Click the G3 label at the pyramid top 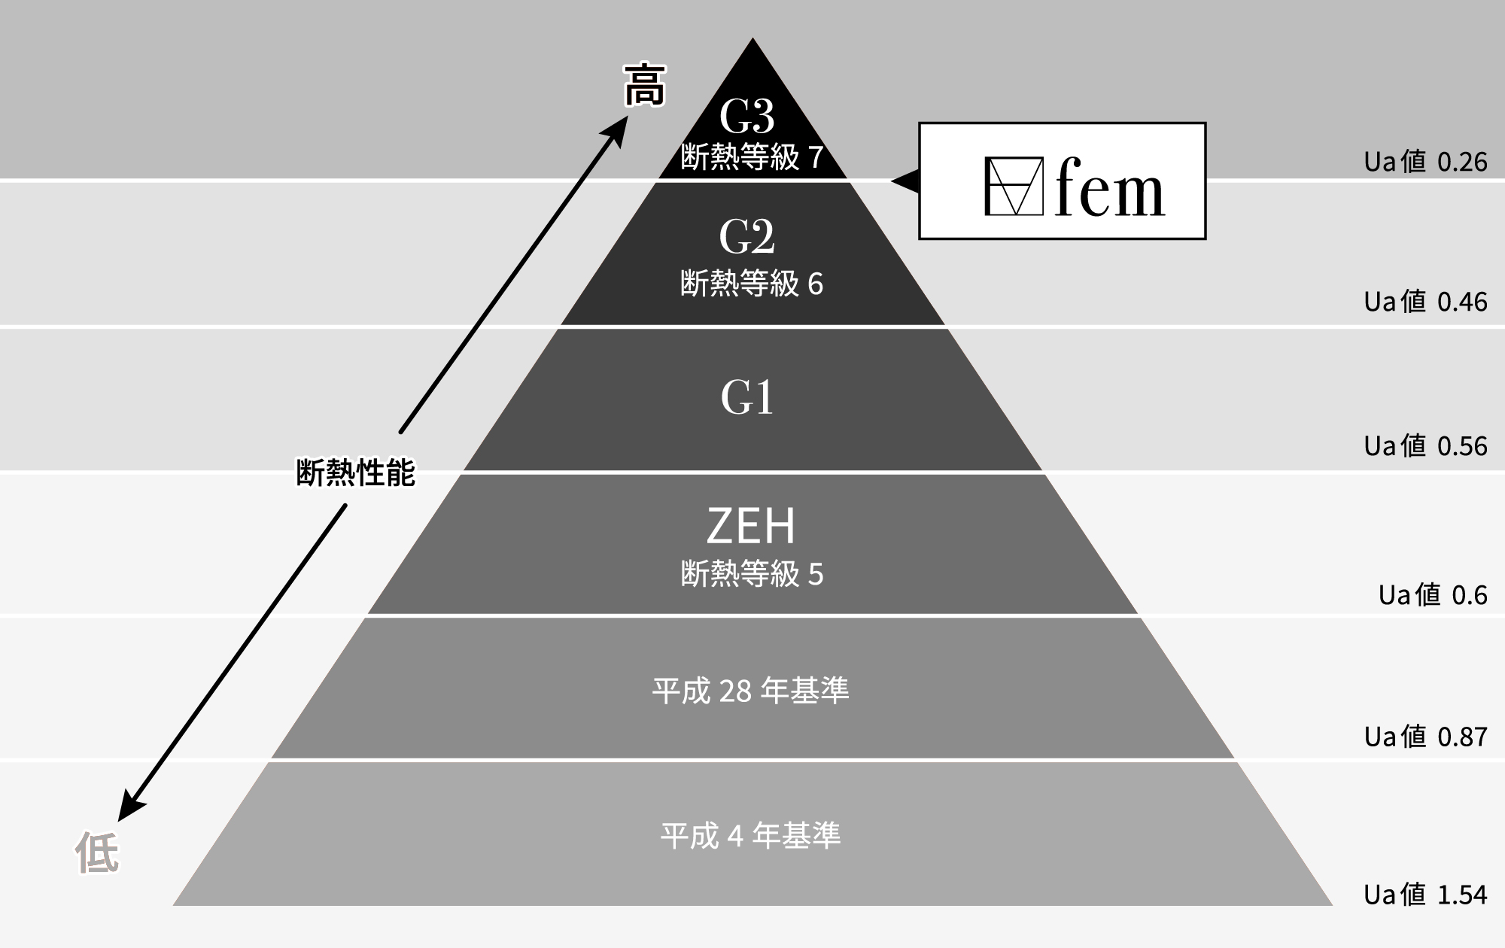coord(746,117)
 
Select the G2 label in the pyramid coord(746,237)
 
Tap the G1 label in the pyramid coord(747,398)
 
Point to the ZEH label coord(751,526)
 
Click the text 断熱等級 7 coord(752,157)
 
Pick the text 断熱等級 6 coord(752,284)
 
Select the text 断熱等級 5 coord(752,574)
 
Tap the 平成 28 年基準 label coord(750,690)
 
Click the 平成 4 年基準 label coord(750,835)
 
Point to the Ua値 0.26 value coord(1425,162)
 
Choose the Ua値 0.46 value coord(1425,302)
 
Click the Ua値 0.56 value coord(1425,446)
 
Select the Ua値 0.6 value coord(1433,595)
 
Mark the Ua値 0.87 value coord(1425,737)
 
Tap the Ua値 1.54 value coord(1425,895)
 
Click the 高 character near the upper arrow coord(645,86)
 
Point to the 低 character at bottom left coord(97,853)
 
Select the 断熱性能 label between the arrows coord(355,472)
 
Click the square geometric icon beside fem coord(1014,186)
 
